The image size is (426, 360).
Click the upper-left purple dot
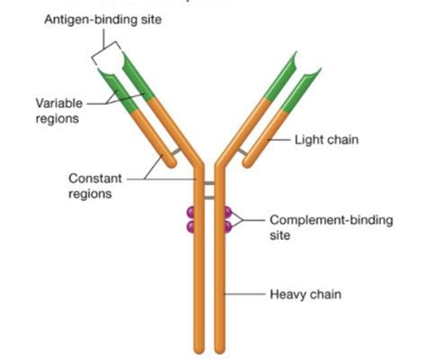(x=191, y=212)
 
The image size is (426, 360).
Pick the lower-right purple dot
(x=228, y=226)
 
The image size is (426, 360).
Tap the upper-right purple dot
(x=228, y=212)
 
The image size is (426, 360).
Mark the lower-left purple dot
(x=191, y=226)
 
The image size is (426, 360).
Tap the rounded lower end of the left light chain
(x=161, y=163)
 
